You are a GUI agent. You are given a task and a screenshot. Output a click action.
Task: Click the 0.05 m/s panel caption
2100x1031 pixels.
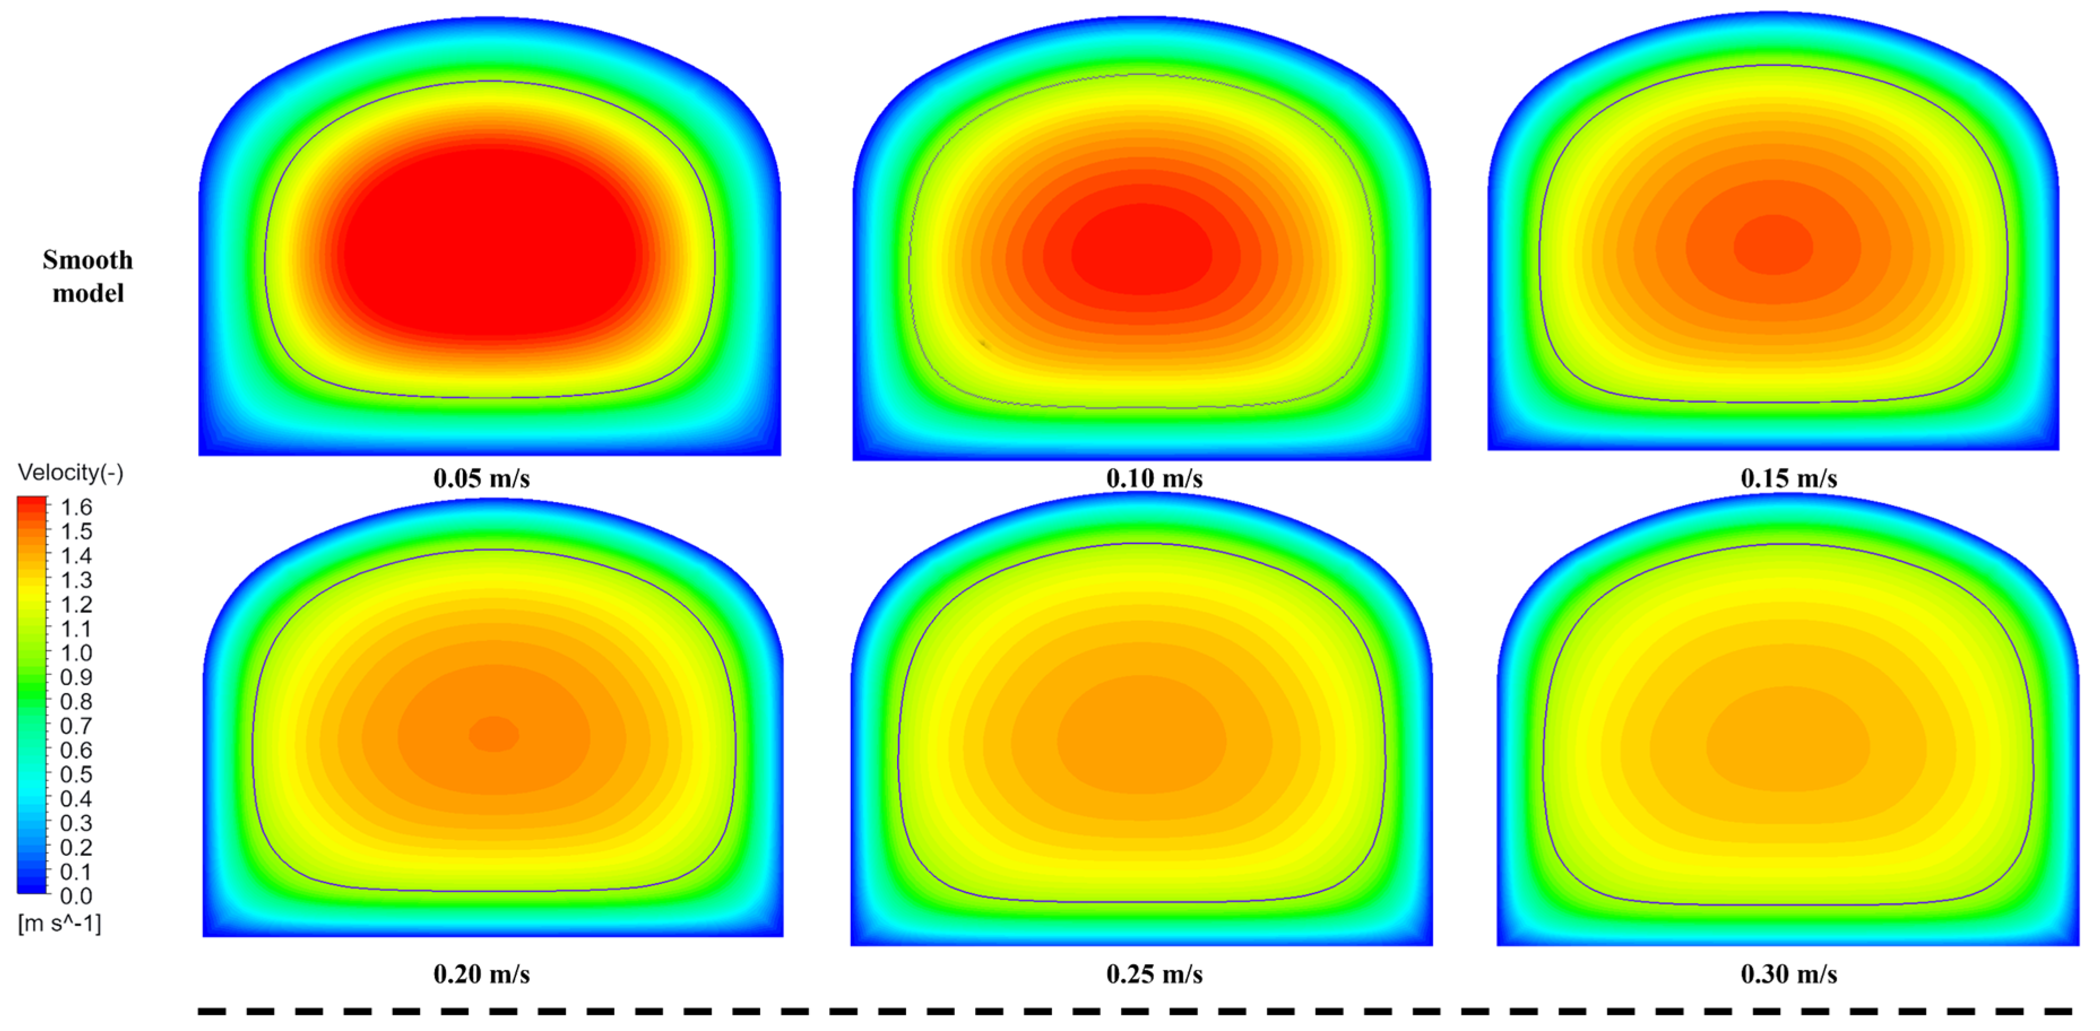coord(481,478)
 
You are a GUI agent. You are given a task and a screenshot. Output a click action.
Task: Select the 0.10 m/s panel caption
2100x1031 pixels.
coord(1154,478)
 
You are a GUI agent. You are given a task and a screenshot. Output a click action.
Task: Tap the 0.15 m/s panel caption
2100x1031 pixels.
coord(1789,478)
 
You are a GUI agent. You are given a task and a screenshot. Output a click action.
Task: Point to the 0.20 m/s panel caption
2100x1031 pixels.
coord(481,974)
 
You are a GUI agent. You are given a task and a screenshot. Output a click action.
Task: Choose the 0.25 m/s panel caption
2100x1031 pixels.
coord(1154,974)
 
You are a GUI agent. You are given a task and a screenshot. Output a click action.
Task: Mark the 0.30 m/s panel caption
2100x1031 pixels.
coord(1789,974)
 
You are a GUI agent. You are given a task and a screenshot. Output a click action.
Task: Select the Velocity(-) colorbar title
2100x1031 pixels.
coord(70,473)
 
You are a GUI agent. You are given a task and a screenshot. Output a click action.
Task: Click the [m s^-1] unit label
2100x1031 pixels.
coord(59,924)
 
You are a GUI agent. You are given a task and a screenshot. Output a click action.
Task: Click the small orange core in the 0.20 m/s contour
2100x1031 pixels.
coord(494,733)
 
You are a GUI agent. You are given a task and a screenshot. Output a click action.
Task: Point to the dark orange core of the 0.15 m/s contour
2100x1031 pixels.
coord(1773,245)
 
